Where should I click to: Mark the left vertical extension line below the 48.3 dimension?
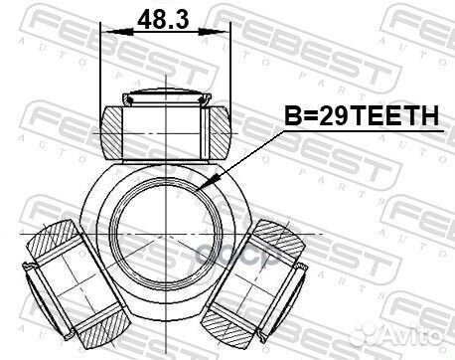(x=103, y=70)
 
